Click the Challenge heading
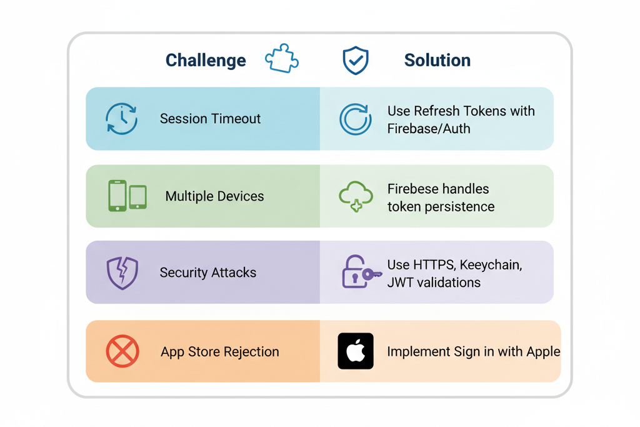pyautogui.click(x=206, y=61)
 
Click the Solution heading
pyautogui.click(x=437, y=61)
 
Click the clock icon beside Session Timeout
pyautogui.click(x=121, y=119)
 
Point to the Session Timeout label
pyautogui.click(x=210, y=119)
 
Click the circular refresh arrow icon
pyautogui.click(x=355, y=119)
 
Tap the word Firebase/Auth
pyautogui.click(x=429, y=129)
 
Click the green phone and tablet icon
pyautogui.click(x=127, y=196)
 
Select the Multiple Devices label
pyautogui.click(x=214, y=196)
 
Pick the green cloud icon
pyautogui.click(x=356, y=196)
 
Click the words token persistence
pyautogui.click(x=441, y=206)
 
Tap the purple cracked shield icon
pyautogui.click(x=122, y=273)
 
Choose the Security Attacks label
pyautogui.click(x=207, y=273)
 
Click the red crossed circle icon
pyautogui.click(x=122, y=351)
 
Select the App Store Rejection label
pyautogui.click(x=219, y=351)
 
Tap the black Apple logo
pyautogui.click(x=356, y=351)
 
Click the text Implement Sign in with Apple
pyautogui.click(x=473, y=351)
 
